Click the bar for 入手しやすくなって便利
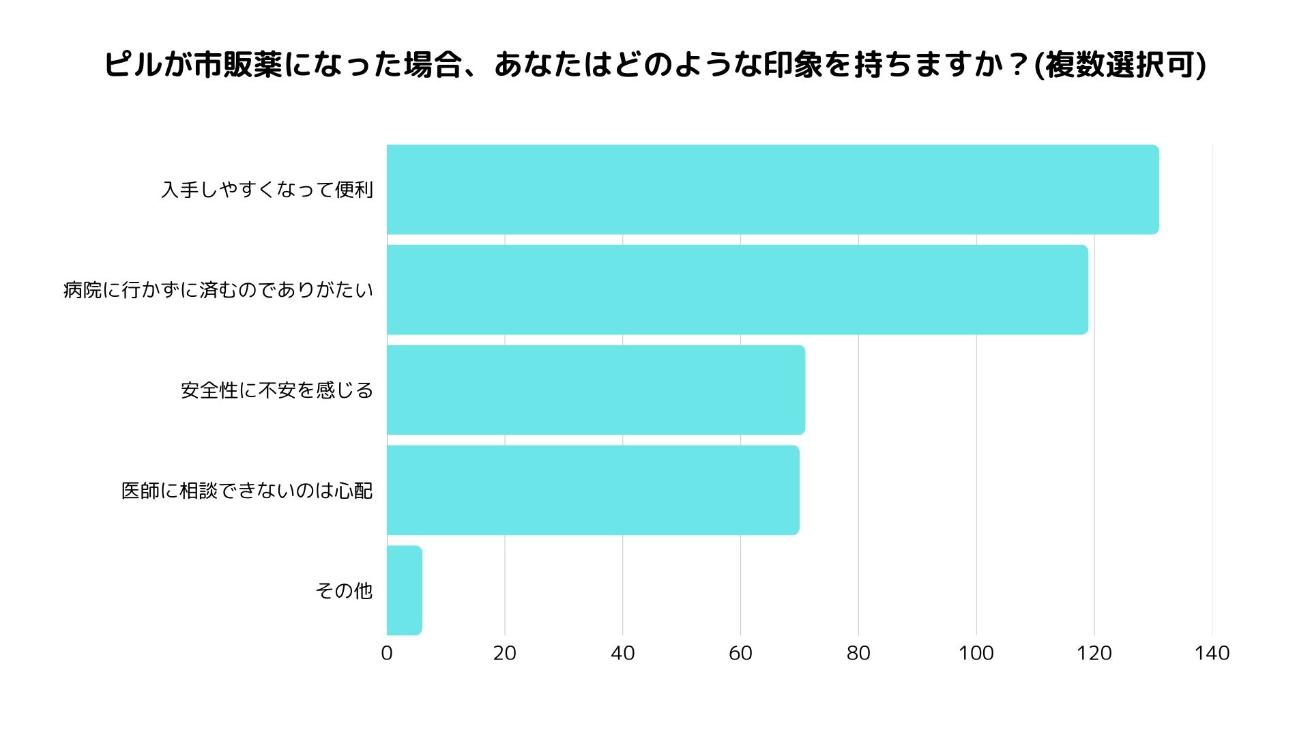pyautogui.click(x=772, y=189)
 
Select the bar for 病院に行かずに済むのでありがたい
pyautogui.click(x=737, y=289)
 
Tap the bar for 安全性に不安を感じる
pyautogui.click(x=596, y=390)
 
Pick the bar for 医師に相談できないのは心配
pyautogui.click(x=593, y=490)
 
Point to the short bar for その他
pyautogui.click(x=405, y=590)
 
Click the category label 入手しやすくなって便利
pyautogui.click(x=267, y=189)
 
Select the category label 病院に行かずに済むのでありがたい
pyautogui.click(x=218, y=289)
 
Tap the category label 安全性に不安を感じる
pyautogui.click(x=277, y=390)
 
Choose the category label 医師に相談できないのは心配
pyautogui.click(x=247, y=490)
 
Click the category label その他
pyautogui.click(x=344, y=590)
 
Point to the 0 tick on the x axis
pyautogui.click(x=387, y=653)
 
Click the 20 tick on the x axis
pyautogui.click(x=505, y=653)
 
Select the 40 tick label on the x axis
pyautogui.click(x=622, y=653)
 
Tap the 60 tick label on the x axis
pyautogui.click(x=740, y=653)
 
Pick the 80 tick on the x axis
pyautogui.click(x=858, y=653)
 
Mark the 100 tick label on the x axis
pyautogui.click(x=976, y=653)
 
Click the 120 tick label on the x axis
pyautogui.click(x=1094, y=653)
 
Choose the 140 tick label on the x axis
pyautogui.click(x=1212, y=653)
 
